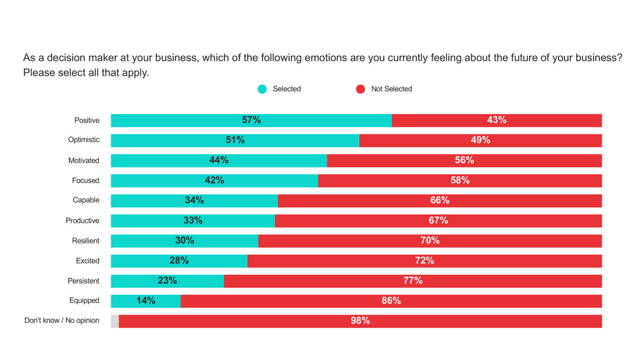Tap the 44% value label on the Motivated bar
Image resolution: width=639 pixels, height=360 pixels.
pyautogui.click(x=219, y=160)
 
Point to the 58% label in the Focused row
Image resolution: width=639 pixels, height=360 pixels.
pyautogui.click(x=460, y=180)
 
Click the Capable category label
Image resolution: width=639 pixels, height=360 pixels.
pyautogui.click(x=86, y=200)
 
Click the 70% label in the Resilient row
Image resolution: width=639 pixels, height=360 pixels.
pyautogui.click(x=430, y=240)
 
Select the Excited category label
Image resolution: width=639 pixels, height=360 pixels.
pyautogui.click(x=88, y=261)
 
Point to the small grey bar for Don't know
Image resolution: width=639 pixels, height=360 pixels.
pyautogui.click(x=115, y=321)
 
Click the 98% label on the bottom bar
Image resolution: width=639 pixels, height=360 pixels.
pyautogui.click(x=360, y=321)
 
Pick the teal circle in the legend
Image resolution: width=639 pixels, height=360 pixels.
pyautogui.click(x=262, y=89)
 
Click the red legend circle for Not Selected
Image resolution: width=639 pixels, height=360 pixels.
pyautogui.click(x=360, y=89)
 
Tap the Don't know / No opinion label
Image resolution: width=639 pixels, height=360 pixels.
pyautogui.click(x=62, y=321)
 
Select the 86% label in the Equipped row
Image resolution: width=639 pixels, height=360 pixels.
pyautogui.click(x=391, y=301)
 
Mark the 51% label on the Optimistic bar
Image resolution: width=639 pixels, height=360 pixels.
pyautogui.click(x=235, y=140)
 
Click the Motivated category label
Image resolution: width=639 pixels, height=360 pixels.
pyautogui.click(x=83, y=160)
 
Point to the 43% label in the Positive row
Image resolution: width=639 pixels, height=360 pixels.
pyautogui.click(x=496, y=120)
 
